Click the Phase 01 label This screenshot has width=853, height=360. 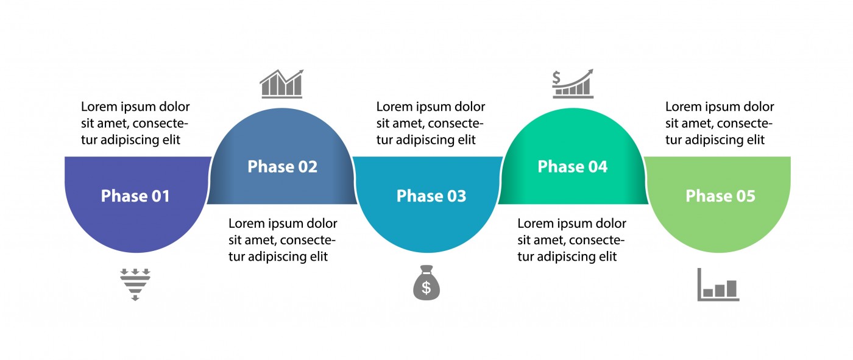coord(135,196)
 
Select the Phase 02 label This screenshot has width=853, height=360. coord(282,167)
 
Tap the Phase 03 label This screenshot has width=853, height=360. coord(431,196)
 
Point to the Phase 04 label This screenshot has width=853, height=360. coord(572,167)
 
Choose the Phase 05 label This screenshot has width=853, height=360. coord(720,196)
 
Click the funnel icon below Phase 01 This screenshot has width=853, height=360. coord(135,284)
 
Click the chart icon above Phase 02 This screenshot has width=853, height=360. coord(281,84)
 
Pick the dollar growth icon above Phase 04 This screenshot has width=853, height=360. coord(572,84)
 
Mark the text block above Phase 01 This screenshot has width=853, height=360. coord(135,123)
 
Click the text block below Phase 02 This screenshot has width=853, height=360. coord(283,240)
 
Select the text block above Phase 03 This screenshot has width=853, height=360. coord(431,123)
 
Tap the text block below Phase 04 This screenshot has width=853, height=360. coord(572,240)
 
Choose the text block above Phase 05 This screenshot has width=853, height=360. coord(720,123)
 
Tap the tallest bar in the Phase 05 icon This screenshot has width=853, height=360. coord(731,288)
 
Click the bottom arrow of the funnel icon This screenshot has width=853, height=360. coord(135,298)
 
